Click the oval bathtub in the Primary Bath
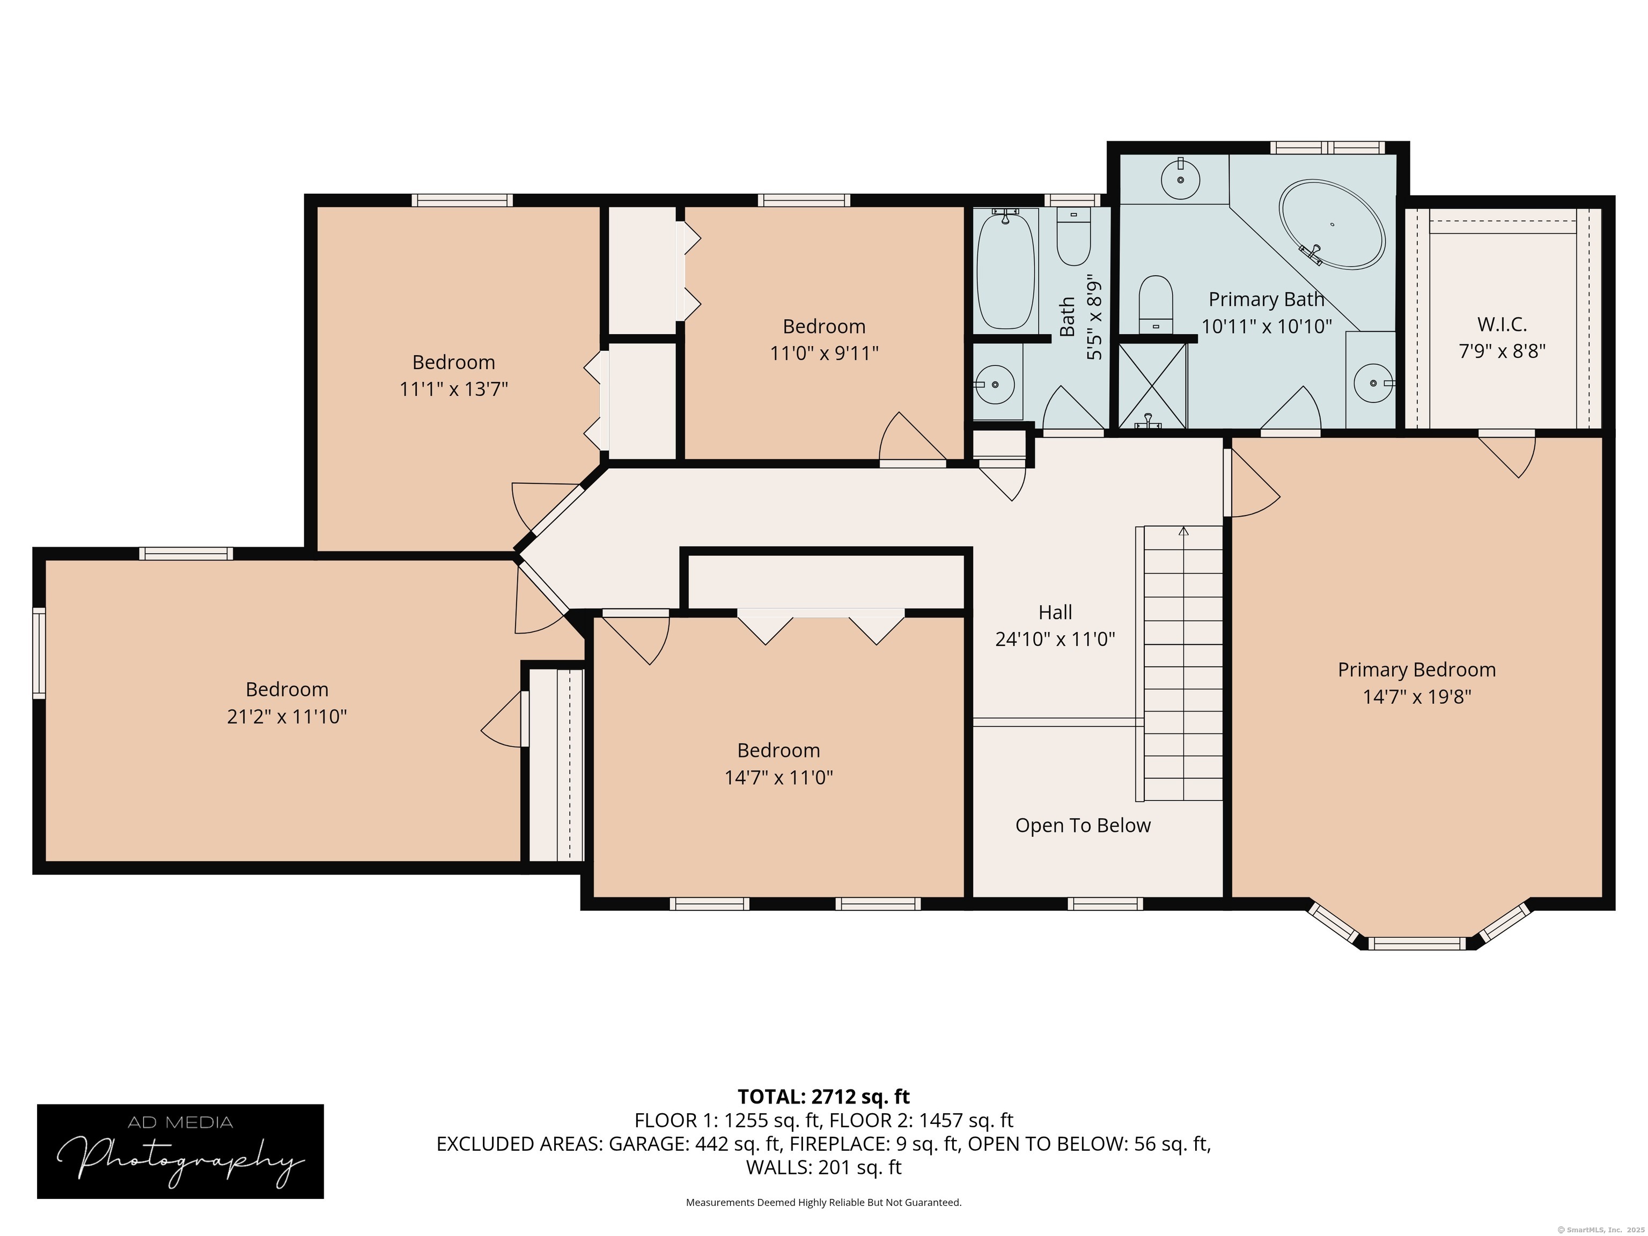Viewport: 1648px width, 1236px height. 1332,224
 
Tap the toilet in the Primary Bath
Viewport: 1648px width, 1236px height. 1156,305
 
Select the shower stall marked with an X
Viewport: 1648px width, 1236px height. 1152,386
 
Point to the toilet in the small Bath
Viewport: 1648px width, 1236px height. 1073,236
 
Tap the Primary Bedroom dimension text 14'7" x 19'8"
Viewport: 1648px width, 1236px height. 1416,697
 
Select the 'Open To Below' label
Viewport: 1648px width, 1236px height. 1083,826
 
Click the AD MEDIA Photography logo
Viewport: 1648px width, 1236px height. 180,1152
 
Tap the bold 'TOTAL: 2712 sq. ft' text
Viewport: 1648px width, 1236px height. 823,1097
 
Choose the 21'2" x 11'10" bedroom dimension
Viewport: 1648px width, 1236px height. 287,717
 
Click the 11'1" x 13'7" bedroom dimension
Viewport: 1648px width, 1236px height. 454,389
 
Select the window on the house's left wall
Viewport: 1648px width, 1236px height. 39,653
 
